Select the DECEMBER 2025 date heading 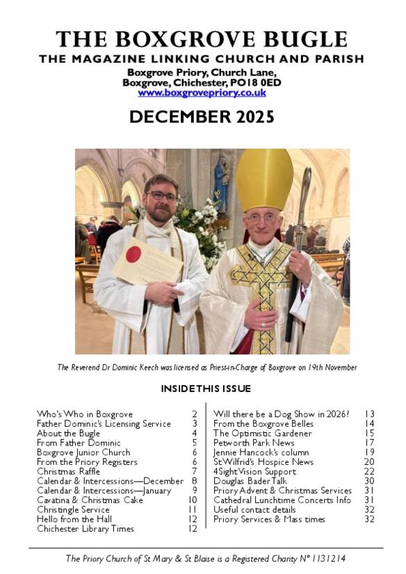point(202,117)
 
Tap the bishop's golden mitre point(264,179)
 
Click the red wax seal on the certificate point(133,254)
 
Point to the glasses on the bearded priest point(161,196)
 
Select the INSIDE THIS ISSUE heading point(206,388)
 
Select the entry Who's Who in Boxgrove point(85,414)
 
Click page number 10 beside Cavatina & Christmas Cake point(193,500)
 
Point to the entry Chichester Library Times point(86,529)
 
